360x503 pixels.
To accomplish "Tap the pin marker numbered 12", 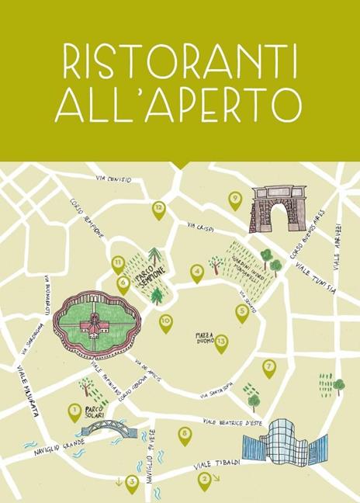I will pyautogui.click(x=158, y=209).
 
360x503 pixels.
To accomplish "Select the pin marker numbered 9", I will pyautogui.click(x=235, y=199).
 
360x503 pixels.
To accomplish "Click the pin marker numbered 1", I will pyautogui.click(x=74, y=411).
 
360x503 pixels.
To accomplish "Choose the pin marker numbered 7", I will pyautogui.click(x=269, y=366).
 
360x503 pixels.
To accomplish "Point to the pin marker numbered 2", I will pyautogui.click(x=204, y=480).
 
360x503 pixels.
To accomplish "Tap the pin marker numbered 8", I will pyautogui.click(x=185, y=435).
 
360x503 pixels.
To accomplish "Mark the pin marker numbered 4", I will pyautogui.click(x=196, y=272).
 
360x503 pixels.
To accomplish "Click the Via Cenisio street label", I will pyautogui.click(x=115, y=179).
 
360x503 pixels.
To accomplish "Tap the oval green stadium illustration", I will pyautogui.click(x=95, y=324).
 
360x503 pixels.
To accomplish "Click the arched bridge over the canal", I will pyautogui.click(x=105, y=427).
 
